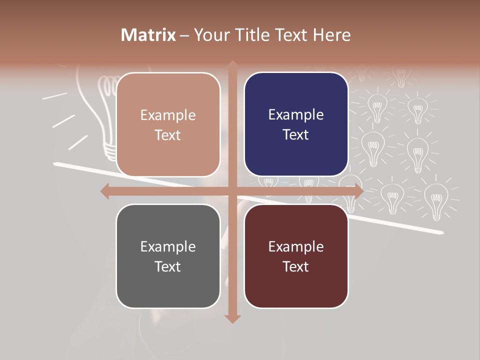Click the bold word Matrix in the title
(x=148, y=35)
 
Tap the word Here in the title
(x=332, y=35)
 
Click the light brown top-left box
(x=168, y=125)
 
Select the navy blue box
(x=296, y=124)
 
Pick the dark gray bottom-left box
(x=168, y=256)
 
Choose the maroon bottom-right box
(x=296, y=256)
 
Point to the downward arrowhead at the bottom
(x=232, y=318)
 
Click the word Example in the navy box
(x=296, y=115)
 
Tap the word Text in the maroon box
(x=296, y=266)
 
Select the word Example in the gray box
(x=168, y=246)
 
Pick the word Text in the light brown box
(x=168, y=135)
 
